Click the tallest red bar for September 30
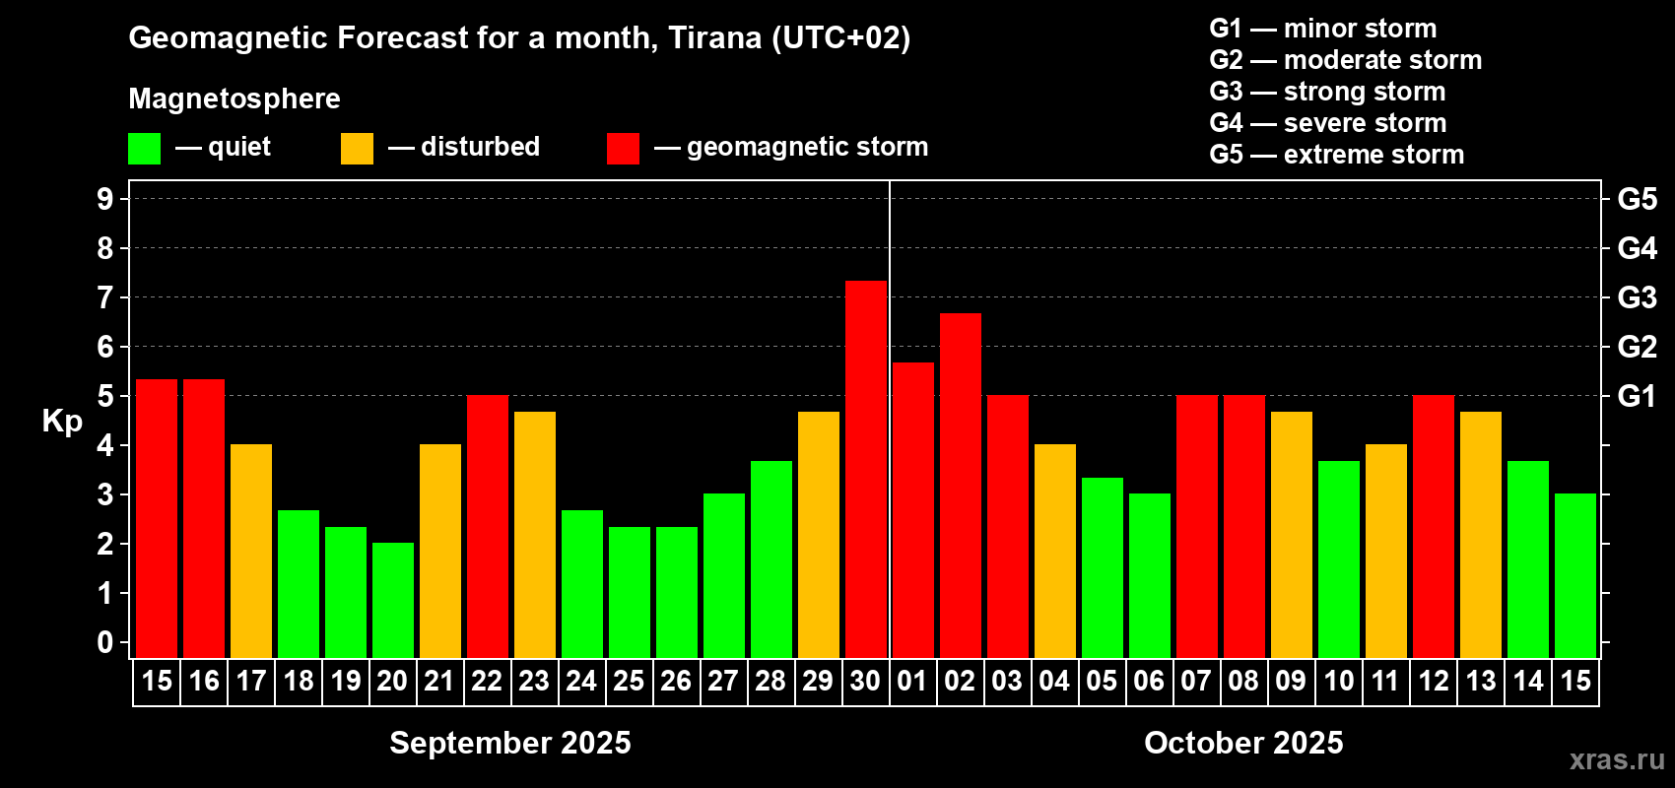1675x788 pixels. pos(866,470)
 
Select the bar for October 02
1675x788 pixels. pos(960,486)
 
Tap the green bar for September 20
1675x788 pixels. pos(393,600)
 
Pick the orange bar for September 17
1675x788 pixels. pos(251,551)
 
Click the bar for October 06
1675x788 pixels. pos(1150,575)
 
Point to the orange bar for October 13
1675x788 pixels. pos(1481,535)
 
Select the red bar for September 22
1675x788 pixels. pos(488,526)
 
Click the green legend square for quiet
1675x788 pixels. pos(144,148)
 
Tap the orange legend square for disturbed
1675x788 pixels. pos(357,148)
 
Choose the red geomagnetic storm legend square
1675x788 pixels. pos(623,148)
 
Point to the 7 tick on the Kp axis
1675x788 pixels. pos(105,297)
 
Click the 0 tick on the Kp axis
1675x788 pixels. pos(105,642)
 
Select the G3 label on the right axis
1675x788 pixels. pos(1638,297)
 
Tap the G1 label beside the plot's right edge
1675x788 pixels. pos(1638,396)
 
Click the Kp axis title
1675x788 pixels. pos(62,421)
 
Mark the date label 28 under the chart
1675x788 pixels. pos(770,681)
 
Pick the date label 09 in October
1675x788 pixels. pos(1291,681)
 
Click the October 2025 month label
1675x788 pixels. pos(1243,743)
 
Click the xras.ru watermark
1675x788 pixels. pos(1617,759)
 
